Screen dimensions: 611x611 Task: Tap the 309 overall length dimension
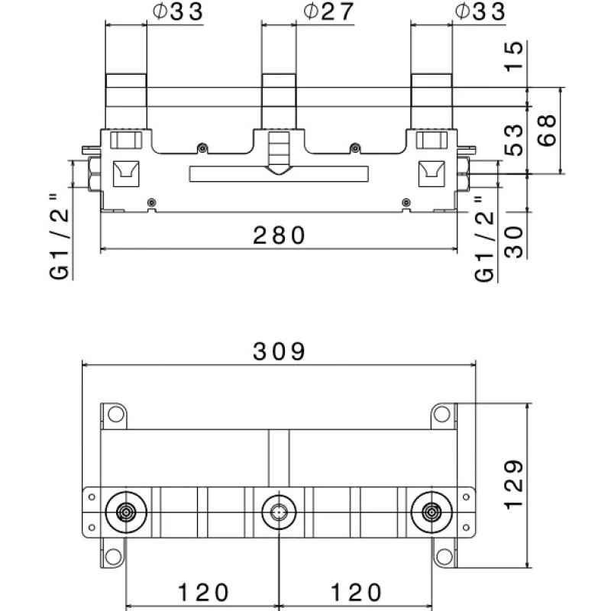click(280, 351)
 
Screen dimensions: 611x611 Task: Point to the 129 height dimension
click(513, 484)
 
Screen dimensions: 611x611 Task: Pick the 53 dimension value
click(514, 140)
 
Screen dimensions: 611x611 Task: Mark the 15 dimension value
click(514, 57)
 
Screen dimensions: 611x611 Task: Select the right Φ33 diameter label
click(480, 12)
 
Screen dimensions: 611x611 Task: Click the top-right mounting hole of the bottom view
click(442, 415)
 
